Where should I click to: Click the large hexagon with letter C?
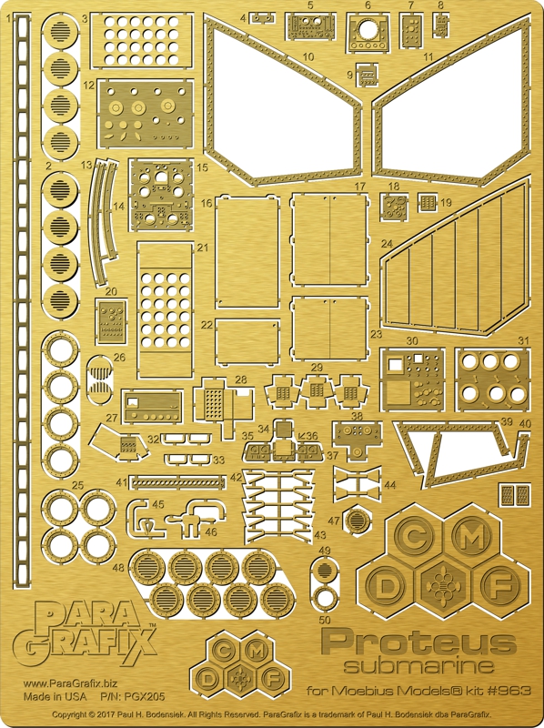coord(415,538)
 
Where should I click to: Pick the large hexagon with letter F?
coord(500,587)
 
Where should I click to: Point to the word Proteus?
coord(418,643)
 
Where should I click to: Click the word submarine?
coord(418,667)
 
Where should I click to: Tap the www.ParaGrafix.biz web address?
coord(70,683)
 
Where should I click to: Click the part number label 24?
coord(387,244)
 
